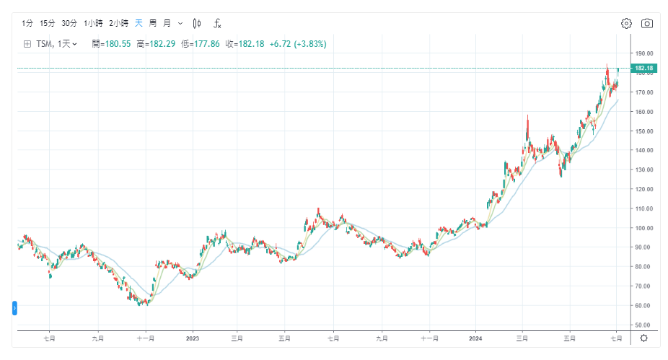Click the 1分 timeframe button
[x=27, y=23]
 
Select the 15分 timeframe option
[x=48, y=23]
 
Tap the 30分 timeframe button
[x=69, y=23]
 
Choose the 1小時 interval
[x=93, y=23]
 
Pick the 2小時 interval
[x=118, y=23]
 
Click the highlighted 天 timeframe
[x=139, y=23]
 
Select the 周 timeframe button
[x=153, y=23]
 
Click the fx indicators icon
[x=217, y=23]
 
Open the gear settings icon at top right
[x=626, y=23]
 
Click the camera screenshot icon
[x=647, y=23]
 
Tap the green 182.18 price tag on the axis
[x=643, y=69]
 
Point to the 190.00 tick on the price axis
[x=643, y=53]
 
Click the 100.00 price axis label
[x=643, y=228]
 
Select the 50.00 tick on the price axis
[x=643, y=325]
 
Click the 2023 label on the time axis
[x=193, y=338]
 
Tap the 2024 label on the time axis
[x=475, y=338]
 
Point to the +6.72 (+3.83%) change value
[x=298, y=44]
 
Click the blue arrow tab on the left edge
[x=15, y=309]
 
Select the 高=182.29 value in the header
[x=157, y=44]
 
